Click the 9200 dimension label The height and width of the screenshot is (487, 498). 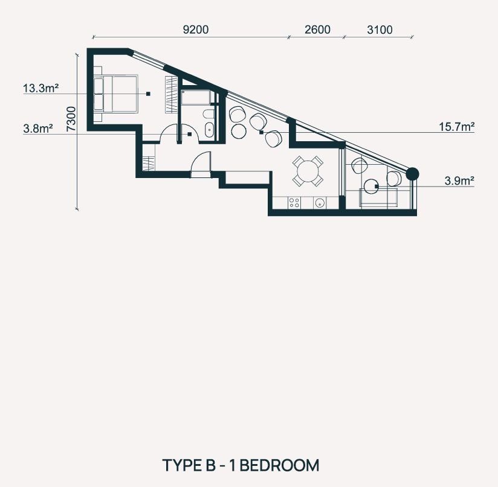(x=196, y=30)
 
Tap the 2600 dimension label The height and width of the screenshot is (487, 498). (x=317, y=30)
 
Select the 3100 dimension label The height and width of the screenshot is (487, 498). (x=380, y=30)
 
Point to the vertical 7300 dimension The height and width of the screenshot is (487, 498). (x=71, y=119)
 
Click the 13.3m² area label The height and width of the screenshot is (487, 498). (x=40, y=88)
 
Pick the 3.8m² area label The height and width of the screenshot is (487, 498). (x=38, y=129)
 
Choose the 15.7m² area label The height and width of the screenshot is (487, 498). (x=457, y=127)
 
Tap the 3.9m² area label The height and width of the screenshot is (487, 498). (x=459, y=180)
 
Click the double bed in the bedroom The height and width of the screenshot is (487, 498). (x=115, y=94)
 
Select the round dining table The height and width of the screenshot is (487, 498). (x=308, y=171)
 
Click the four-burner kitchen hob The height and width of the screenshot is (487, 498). (x=294, y=203)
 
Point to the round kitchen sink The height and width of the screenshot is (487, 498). (x=320, y=203)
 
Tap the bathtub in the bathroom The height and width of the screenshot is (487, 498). (x=196, y=97)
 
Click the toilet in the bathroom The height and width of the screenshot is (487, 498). (x=209, y=114)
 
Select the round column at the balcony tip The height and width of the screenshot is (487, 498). (x=413, y=174)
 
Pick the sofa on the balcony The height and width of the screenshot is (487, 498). (x=378, y=197)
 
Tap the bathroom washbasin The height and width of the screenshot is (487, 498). (x=209, y=130)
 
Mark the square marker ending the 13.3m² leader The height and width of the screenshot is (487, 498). (x=148, y=94)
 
